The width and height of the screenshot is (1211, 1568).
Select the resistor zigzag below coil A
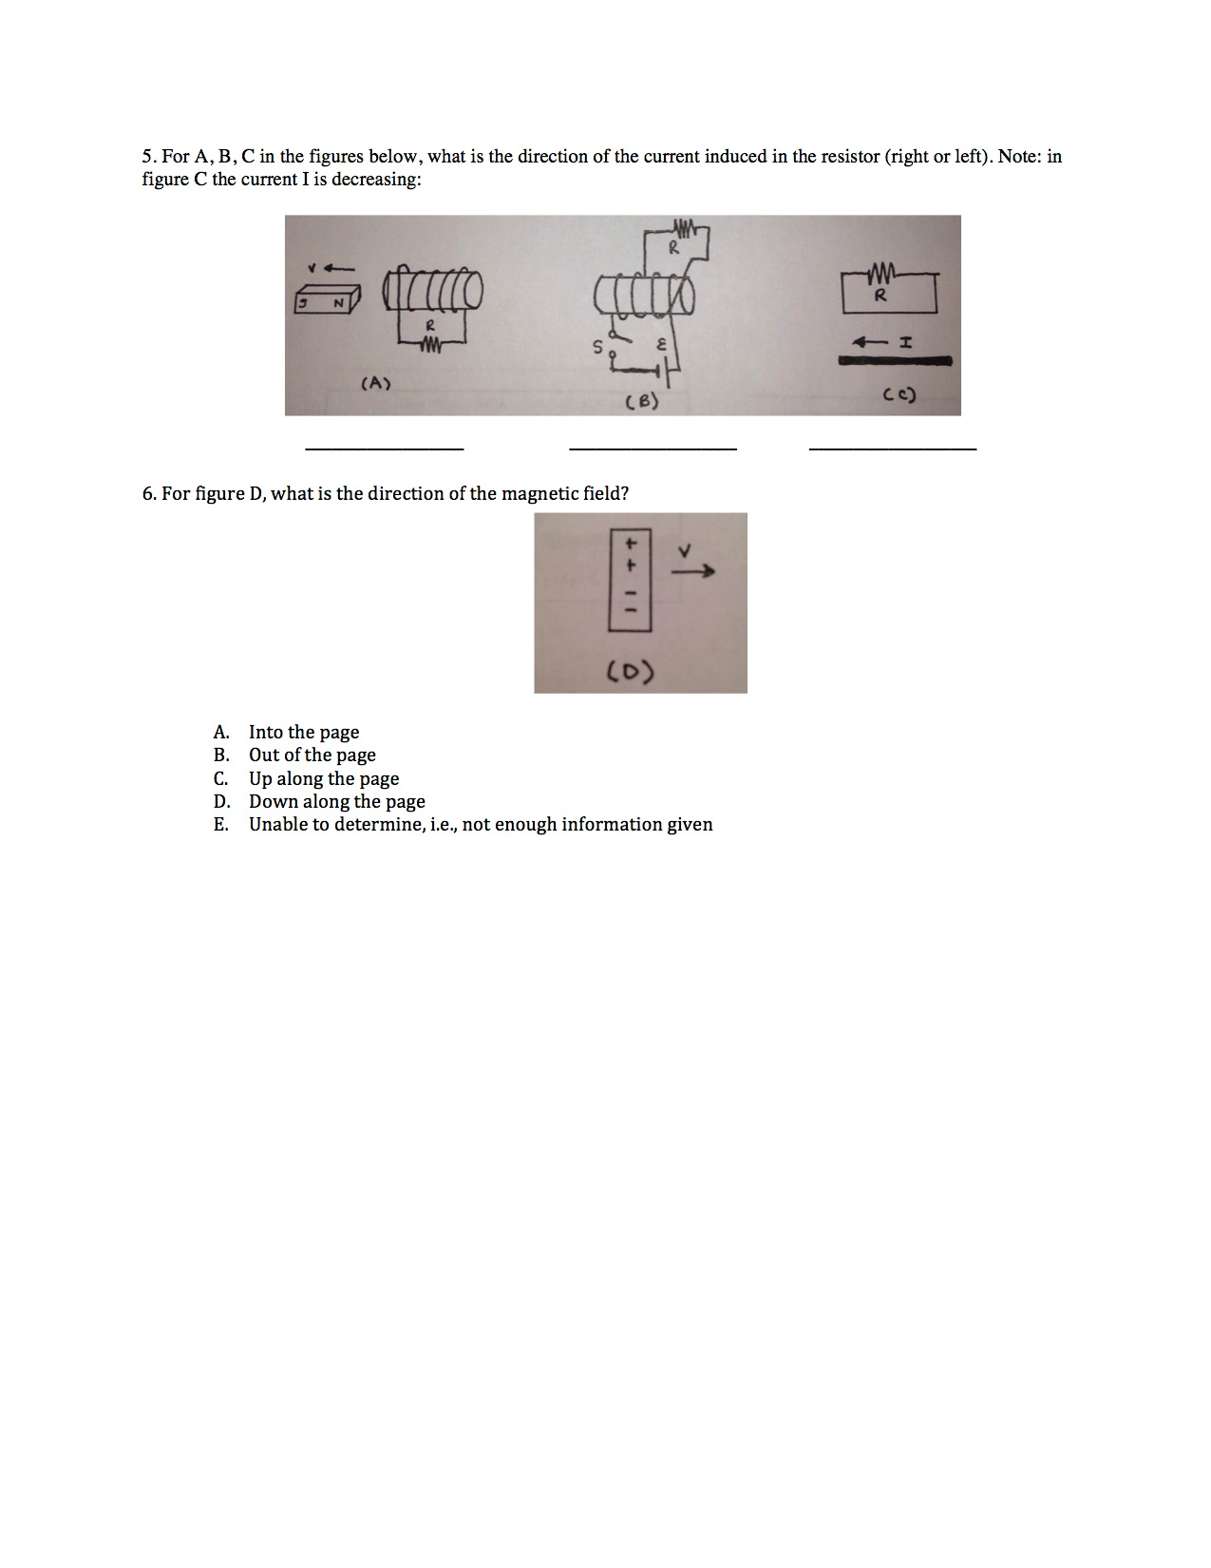430,345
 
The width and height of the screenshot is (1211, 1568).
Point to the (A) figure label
376,383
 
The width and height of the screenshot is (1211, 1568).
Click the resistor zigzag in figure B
685,227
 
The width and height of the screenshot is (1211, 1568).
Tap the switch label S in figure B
597,348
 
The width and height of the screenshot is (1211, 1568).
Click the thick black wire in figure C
895,361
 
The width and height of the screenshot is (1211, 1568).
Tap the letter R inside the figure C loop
880,296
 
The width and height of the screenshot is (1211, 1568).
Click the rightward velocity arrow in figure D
692,572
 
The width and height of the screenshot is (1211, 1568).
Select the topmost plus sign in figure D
628,544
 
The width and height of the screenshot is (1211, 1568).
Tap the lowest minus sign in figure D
628,612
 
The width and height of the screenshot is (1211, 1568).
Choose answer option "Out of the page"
312,755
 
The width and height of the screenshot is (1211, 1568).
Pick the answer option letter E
220,825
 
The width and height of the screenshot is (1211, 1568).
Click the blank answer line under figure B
653,448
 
